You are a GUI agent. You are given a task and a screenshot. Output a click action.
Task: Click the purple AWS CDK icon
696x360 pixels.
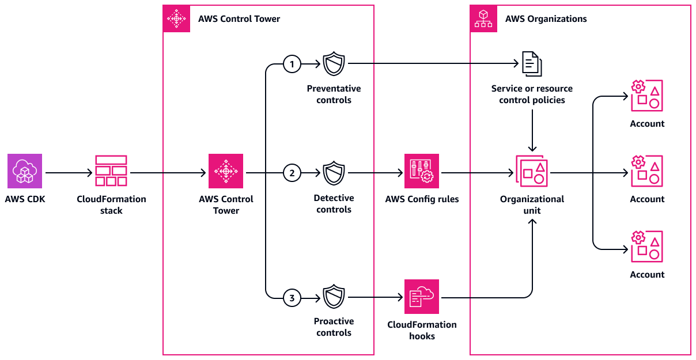pos(25,171)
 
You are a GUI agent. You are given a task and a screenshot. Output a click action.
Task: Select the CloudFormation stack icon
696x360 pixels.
pos(111,171)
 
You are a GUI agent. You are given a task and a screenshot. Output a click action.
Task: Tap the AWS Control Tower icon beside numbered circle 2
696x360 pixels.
pos(226,171)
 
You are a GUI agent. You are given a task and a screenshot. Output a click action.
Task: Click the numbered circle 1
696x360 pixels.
pos(292,64)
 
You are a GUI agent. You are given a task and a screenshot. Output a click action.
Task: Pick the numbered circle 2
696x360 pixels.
pos(292,172)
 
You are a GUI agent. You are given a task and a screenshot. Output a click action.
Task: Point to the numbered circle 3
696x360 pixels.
pos(292,298)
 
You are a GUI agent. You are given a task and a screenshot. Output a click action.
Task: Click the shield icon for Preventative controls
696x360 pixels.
pos(334,64)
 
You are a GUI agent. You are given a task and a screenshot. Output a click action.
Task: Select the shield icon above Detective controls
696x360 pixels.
pos(334,173)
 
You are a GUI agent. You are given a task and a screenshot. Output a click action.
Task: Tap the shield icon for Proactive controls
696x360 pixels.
pos(334,297)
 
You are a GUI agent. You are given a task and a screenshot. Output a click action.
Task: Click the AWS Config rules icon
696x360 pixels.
pos(422,171)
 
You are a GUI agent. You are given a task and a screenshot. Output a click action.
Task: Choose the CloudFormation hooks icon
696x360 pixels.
pos(422,297)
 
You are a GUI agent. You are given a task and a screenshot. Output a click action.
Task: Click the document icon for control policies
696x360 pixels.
pos(532,63)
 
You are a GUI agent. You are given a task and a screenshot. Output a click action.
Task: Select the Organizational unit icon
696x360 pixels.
pos(532,170)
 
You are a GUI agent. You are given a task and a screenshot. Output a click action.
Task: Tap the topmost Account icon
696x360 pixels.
pos(647,96)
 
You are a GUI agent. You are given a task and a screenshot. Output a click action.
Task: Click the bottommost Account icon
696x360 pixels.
pos(647,247)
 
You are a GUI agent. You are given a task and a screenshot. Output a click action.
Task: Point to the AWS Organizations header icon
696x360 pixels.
pos(483,19)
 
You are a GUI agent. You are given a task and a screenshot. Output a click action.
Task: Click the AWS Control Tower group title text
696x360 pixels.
pos(239,19)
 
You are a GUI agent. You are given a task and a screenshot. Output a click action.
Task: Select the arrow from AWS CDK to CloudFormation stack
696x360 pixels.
pos(68,172)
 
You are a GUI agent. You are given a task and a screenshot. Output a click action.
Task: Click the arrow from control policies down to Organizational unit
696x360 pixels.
pos(532,129)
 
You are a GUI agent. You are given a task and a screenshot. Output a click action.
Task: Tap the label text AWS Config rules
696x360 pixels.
pos(421,199)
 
